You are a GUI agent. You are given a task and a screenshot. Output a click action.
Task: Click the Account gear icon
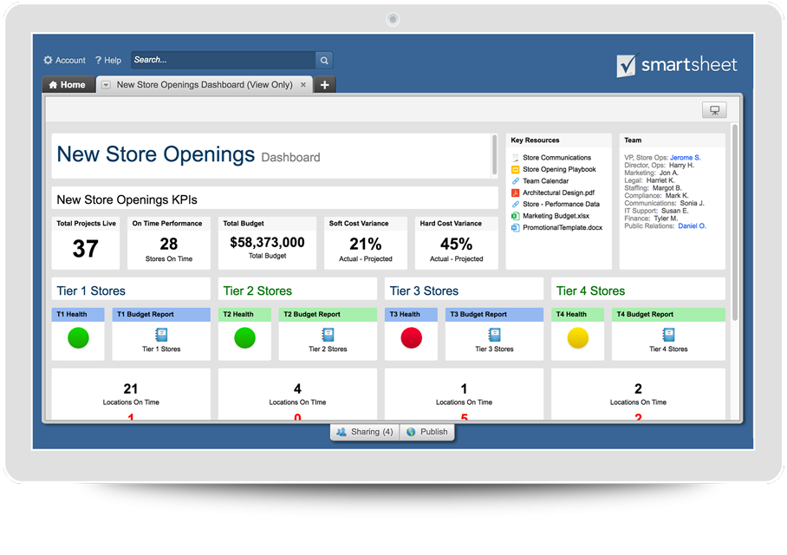click(x=49, y=60)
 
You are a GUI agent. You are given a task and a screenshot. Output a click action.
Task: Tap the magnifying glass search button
click(x=324, y=61)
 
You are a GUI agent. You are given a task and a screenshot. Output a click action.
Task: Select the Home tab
click(x=68, y=85)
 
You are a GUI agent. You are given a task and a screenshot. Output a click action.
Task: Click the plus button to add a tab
click(x=324, y=85)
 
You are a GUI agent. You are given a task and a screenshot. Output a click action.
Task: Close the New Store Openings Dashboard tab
click(x=303, y=85)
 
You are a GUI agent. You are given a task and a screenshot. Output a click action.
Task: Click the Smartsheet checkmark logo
click(x=627, y=66)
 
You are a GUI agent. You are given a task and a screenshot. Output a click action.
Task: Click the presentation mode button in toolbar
click(x=714, y=110)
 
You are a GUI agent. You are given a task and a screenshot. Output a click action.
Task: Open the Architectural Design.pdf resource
click(x=558, y=193)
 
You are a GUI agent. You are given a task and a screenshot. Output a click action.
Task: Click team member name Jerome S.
click(x=685, y=158)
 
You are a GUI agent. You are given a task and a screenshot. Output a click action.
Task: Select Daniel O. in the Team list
click(x=692, y=225)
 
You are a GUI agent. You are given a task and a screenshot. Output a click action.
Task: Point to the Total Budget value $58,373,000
click(x=267, y=243)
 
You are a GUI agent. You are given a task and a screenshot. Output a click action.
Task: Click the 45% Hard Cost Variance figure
click(x=456, y=244)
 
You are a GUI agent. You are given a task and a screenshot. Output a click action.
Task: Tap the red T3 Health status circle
click(x=412, y=338)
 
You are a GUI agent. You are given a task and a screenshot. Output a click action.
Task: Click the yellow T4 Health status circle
click(x=577, y=338)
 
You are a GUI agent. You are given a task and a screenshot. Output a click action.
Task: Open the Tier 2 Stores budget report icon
click(x=328, y=335)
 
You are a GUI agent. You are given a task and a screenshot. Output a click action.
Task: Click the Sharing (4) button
click(x=365, y=432)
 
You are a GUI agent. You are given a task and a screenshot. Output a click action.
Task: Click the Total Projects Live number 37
click(x=85, y=249)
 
